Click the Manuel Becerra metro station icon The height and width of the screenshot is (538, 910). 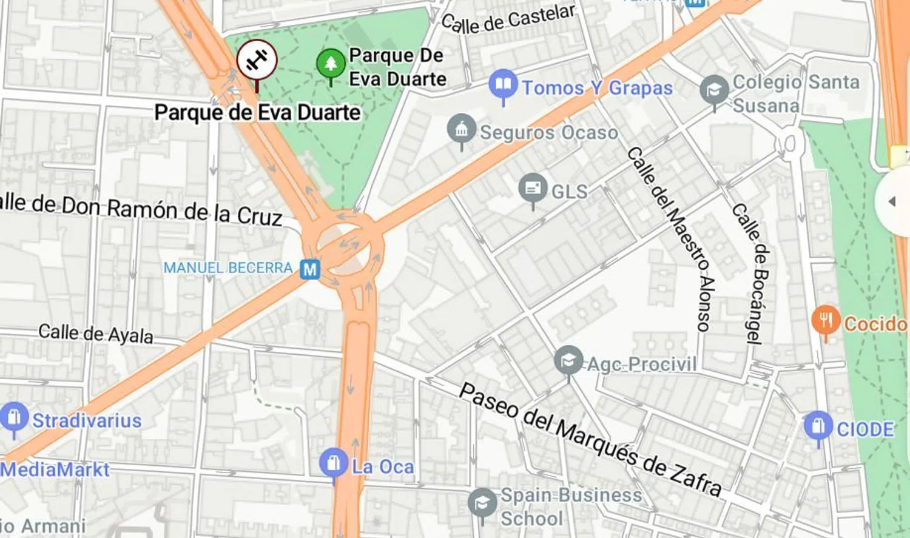[310, 269]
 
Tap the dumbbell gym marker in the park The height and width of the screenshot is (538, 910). [257, 60]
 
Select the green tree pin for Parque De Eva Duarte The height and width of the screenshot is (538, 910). [331, 63]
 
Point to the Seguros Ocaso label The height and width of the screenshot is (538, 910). [548, 132]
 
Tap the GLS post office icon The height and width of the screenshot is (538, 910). [533, 188]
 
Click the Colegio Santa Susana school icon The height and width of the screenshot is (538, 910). [714, 90]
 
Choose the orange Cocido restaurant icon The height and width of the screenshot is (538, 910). [826, 320]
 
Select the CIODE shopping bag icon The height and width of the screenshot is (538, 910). [818, 426]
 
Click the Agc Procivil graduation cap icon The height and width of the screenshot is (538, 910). [568, 361]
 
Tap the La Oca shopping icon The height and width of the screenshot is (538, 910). [333, 463]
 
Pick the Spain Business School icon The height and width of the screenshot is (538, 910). [482, 503]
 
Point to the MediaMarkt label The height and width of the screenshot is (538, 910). [55, 469]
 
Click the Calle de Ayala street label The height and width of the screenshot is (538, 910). [96, 334]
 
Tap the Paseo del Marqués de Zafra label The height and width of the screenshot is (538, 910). [590, 440]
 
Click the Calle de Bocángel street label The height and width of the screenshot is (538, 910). [751, 273]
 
